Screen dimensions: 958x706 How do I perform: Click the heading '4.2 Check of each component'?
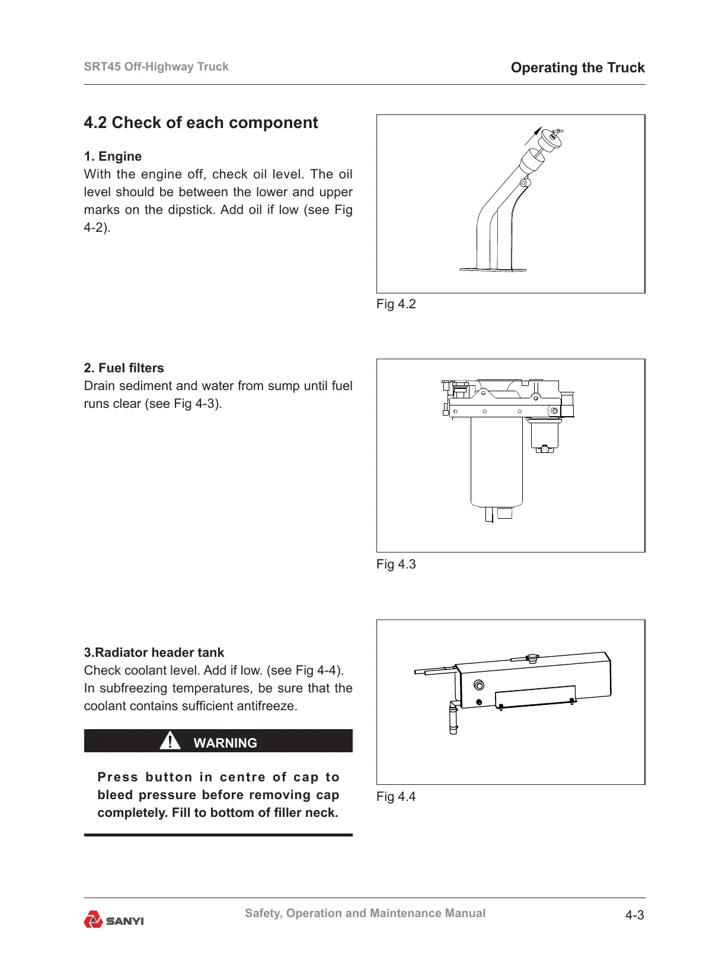pos(201,123)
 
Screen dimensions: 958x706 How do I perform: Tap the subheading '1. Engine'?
pos(113,157)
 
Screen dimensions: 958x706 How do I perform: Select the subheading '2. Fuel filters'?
pos(124,368)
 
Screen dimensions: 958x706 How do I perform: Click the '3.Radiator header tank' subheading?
pos(154,653)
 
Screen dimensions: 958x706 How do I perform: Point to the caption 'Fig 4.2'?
pos(396,304)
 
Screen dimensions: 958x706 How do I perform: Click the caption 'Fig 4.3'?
pos(396,564)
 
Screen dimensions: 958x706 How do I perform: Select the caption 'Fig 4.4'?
pos(396,797)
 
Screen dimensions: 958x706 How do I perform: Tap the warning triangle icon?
pos(170,741)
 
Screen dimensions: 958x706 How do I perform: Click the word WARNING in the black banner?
pos(225,743)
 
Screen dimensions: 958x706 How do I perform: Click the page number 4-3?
pos(634,915)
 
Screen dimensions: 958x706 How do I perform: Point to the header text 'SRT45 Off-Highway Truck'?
pos(156,67)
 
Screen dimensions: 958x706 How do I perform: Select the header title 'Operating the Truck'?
pos(577,68)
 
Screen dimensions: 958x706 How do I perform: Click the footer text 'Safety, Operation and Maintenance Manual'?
pos(365,914)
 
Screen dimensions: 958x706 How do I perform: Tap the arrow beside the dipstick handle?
pos(533,135)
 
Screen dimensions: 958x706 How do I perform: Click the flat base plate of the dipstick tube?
pos(493,270)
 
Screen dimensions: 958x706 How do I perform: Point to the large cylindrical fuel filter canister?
pos(497,462)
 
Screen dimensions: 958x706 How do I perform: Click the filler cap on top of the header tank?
pos(532,657)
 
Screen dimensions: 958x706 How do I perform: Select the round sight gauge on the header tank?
pos(479,686)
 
